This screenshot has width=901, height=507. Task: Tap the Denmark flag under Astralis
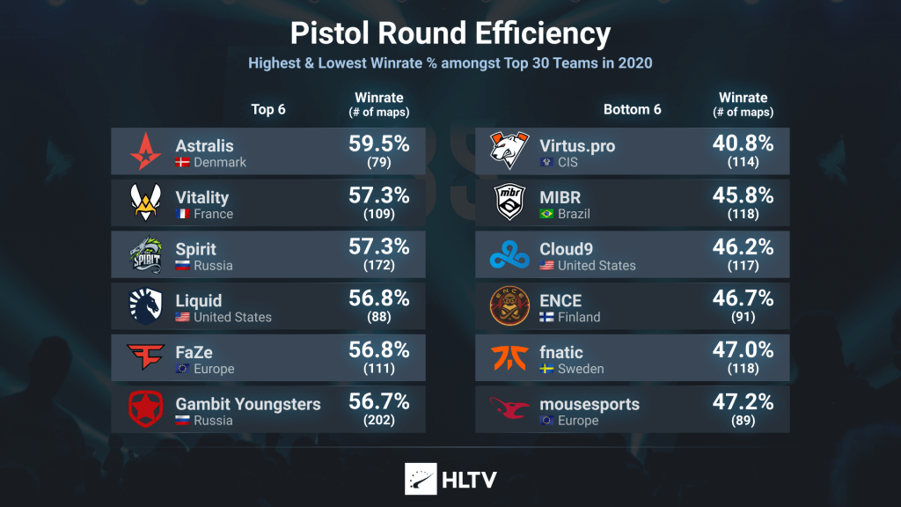[183, 163]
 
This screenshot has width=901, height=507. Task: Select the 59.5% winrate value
[379, 144]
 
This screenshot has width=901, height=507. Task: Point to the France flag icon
[183, 214]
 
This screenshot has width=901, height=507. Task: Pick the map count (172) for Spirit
[379, 265]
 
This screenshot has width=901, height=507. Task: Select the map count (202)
[379, 420]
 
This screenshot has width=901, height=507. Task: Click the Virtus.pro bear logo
[509, 151]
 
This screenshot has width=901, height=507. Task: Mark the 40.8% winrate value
[744, 144]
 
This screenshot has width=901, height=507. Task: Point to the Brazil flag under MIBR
[547, 214]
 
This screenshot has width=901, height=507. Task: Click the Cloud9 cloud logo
[509, 255]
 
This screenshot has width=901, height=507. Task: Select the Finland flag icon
[547, 317]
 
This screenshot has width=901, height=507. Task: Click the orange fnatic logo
[509, 358]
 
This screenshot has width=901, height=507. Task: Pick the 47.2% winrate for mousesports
[744, 402]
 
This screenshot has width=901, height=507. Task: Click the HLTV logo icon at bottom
[420, 478]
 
